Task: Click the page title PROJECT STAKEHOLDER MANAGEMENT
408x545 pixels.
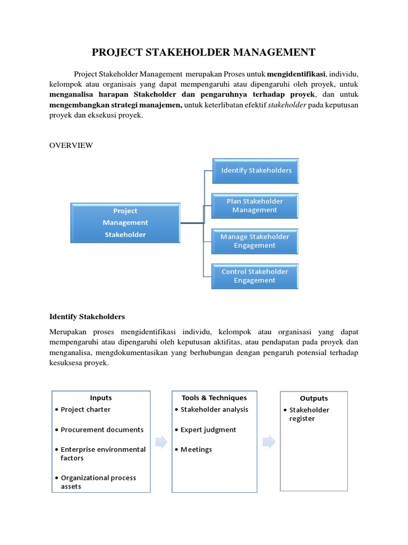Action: (x=204, y=52)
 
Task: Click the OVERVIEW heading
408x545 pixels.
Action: (x=71, y=145)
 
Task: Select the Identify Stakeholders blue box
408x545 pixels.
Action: (x=256, y=171)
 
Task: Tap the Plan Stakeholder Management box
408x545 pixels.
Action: (x=255, y=205)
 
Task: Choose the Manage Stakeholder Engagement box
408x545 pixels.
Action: (x=255, y=241)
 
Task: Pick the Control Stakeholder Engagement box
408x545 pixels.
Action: (x=255, y=276)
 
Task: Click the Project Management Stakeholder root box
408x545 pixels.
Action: (x=125, y=223)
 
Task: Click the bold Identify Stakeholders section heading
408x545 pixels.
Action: (x=87, y=317)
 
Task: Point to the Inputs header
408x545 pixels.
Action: (x=101, y=398)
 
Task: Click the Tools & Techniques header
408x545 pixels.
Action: (x=214, y=398)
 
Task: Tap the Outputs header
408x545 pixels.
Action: (x=313, y=398)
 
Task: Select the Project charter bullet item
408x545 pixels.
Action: (x=86, y=409)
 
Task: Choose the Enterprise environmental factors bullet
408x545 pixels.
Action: (x=103, y=453)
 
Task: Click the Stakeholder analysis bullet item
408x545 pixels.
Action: (x=214, y=409)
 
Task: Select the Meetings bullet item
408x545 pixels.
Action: (x=196, y=449)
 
